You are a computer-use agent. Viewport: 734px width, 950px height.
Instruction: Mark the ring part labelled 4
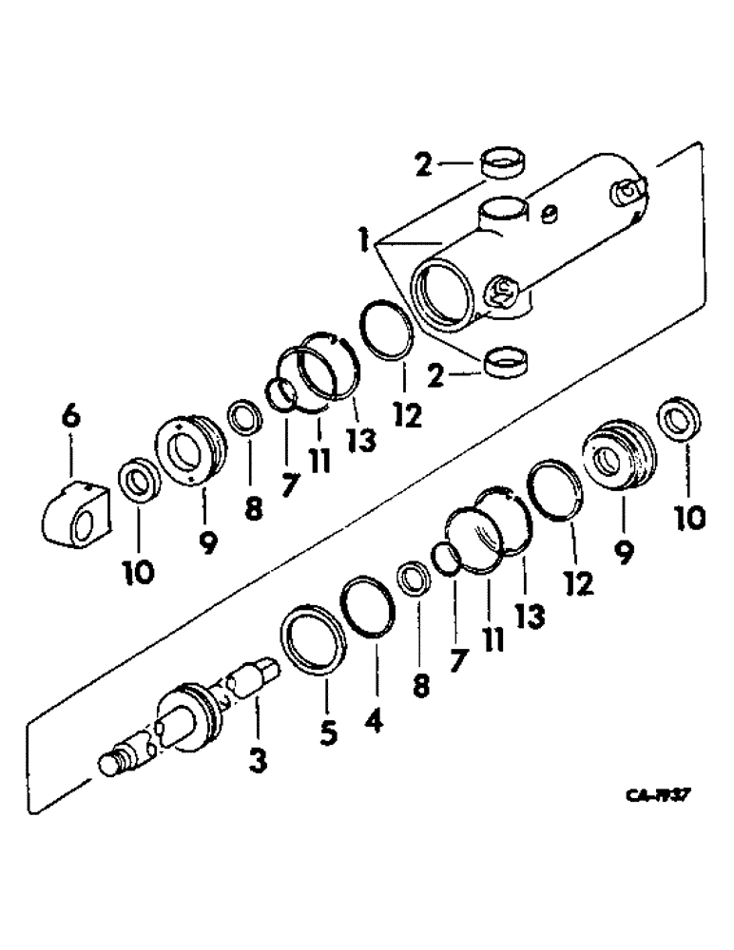click(366, 604)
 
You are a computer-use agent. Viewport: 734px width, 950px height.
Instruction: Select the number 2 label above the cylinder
click(422, 165)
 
